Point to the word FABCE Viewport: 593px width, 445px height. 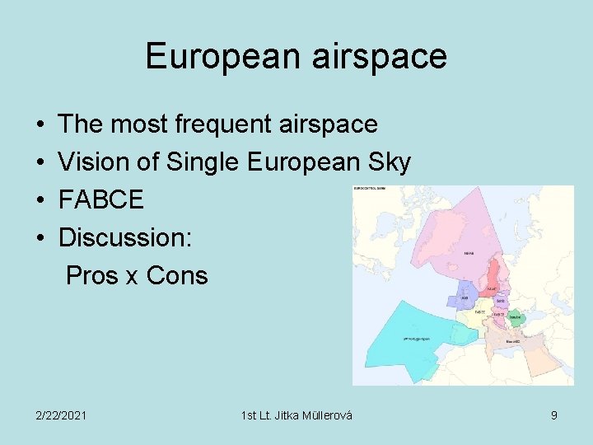[101, 200]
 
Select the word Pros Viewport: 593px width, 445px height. [91, 275]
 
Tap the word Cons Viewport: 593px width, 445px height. [177, 275]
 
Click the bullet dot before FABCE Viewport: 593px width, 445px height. [40, 200]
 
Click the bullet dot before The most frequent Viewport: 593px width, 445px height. [40, 124]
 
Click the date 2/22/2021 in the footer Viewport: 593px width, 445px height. [60, 415]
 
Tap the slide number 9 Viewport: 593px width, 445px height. [553, 415]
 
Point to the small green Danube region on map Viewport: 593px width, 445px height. [516, 316]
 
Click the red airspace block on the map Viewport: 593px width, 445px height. [494, 276]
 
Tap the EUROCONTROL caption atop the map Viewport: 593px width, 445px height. [375, 189]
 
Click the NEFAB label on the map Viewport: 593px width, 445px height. [469, 254]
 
